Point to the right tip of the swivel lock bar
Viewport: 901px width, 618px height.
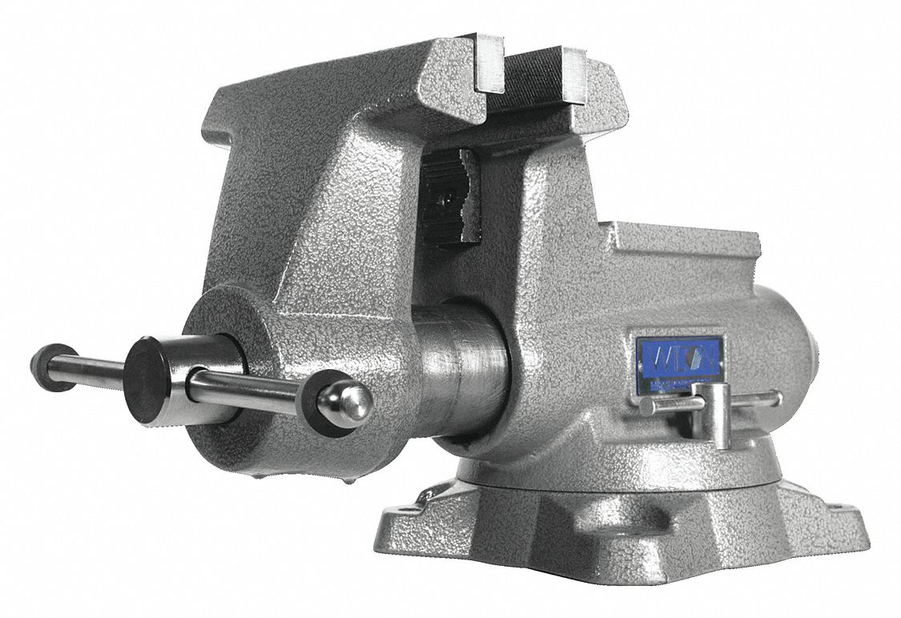[776, 397]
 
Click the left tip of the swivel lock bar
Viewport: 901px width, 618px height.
[646, 407]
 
